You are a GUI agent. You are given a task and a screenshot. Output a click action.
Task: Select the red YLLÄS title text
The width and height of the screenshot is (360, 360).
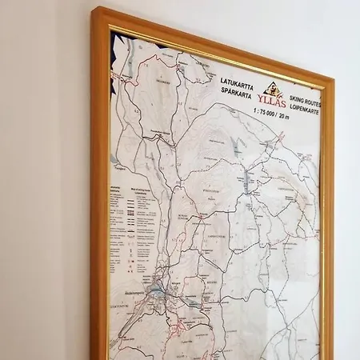[x=272, y=100]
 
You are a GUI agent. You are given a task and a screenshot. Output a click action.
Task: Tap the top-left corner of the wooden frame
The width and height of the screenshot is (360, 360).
[x=96, y=12]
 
